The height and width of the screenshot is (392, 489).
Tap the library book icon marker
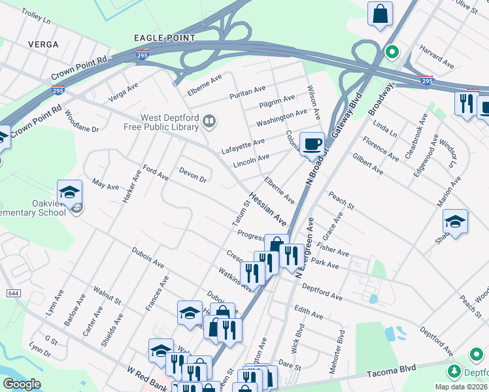pos(209,120)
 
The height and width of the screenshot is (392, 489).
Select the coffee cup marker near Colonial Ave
pos(312,142)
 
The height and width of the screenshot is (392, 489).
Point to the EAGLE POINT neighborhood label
pos(164,39)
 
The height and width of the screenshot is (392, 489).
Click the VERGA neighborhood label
pos(43,44)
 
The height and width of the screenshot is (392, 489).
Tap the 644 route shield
pos(12,293)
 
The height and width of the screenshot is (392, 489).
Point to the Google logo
pos(22,384)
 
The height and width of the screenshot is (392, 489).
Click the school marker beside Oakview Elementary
pos(69,192)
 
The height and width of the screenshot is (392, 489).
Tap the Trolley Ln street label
pos(36,16)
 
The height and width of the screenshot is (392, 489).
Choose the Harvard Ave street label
pos(437,57)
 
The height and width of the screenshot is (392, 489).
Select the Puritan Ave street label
pos(247,92)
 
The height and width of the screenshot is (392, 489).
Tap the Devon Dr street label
pos(193,174)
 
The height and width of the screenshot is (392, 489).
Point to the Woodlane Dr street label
pos(82,123)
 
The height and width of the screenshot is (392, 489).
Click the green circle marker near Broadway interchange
pos(392,51)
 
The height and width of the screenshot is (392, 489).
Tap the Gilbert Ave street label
pos(367,164)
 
